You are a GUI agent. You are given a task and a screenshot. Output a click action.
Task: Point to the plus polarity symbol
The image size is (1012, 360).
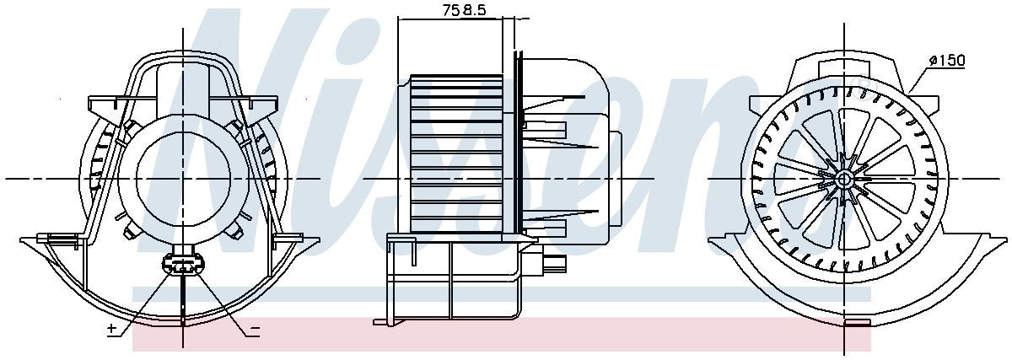(111, 329)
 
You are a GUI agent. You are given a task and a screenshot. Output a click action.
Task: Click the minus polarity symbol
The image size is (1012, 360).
(255, 330)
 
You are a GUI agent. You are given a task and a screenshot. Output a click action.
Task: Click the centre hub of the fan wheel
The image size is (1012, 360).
(844, 179)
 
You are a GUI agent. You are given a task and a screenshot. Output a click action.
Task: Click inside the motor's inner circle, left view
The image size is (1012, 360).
(182, 179)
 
